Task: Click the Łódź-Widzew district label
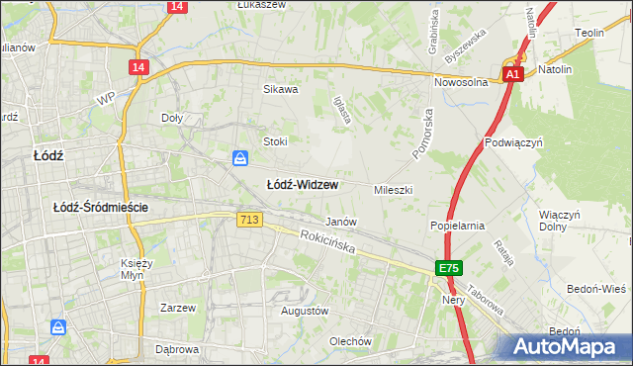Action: click(303, 185)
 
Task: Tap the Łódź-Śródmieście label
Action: click(101, 207)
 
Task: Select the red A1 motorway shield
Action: click(512, 75)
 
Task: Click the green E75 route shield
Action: click(449, 268)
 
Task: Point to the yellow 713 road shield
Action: click(250, 219)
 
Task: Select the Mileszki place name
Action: click(393, 189)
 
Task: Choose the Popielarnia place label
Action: click(457, 226)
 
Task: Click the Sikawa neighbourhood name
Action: click(280, 89)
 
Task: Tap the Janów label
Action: click(341, 222)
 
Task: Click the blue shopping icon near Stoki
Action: click(240, 158)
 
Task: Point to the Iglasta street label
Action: click(343, 110)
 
